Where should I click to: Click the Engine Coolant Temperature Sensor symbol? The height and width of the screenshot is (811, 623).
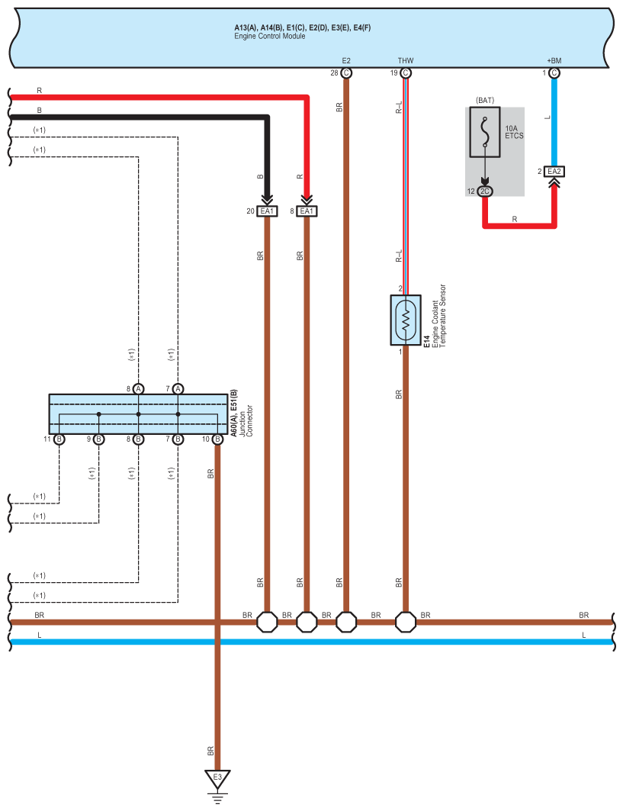[406, 320]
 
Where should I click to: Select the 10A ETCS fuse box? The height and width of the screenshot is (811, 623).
[485, 132]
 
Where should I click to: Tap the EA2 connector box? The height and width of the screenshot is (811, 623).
[554, 171]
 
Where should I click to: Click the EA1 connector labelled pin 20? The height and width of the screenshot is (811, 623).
[267, 211]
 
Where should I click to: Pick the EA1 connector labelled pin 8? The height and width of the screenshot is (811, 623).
[307, 211]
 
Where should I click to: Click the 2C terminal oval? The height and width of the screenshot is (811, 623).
[484, 191]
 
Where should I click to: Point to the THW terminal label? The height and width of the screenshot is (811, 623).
[406, 60]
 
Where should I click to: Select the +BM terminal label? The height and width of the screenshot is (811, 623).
[554, 60]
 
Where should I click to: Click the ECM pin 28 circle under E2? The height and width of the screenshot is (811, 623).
[346, 73]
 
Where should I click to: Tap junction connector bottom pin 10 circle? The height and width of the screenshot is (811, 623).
[217, 439]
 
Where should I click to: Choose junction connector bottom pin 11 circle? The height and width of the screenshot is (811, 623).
[59, 439]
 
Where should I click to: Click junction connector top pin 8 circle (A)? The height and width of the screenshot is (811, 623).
[139, 388]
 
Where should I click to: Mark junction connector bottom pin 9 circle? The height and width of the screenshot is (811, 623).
[98, 439]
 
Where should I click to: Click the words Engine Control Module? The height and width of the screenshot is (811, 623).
[270, 36]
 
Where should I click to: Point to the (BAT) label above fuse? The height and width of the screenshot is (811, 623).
[485, 101]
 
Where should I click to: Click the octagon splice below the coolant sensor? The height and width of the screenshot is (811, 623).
[406, 623]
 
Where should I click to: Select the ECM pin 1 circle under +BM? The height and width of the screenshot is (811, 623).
[554, 73]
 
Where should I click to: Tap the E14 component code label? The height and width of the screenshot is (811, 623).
[427, 341]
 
